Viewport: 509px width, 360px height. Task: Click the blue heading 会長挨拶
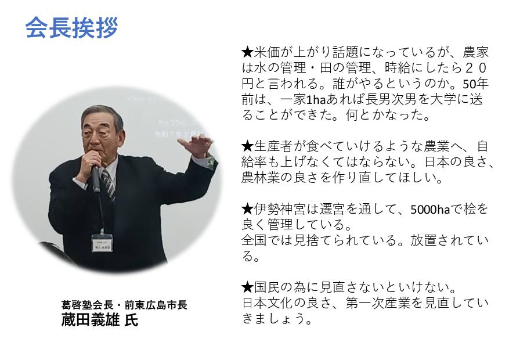[x=71, y=28]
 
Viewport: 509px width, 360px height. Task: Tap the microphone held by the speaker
[x=95, y=178]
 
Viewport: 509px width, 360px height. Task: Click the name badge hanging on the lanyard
[x=102, y=243]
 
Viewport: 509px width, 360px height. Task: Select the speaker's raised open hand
[x=196, y=145]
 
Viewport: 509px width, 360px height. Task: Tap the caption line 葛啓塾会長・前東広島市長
[x=124, y=305]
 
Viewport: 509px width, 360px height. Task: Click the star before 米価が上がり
[x=247, y=52]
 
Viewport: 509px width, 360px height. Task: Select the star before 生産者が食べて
[x=247, y=146]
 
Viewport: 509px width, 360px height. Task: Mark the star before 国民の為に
[x=247, y=287]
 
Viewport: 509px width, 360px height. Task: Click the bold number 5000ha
[x=430, y=210]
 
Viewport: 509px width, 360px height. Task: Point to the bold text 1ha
[x=316, y=100]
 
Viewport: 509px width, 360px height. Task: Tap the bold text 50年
[x=475, y=84]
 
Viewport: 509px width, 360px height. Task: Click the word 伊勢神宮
[x=280, y=210]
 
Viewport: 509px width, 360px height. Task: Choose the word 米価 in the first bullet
[x=267, y=52]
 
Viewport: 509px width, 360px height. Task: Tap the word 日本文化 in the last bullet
[x=268, y=304]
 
